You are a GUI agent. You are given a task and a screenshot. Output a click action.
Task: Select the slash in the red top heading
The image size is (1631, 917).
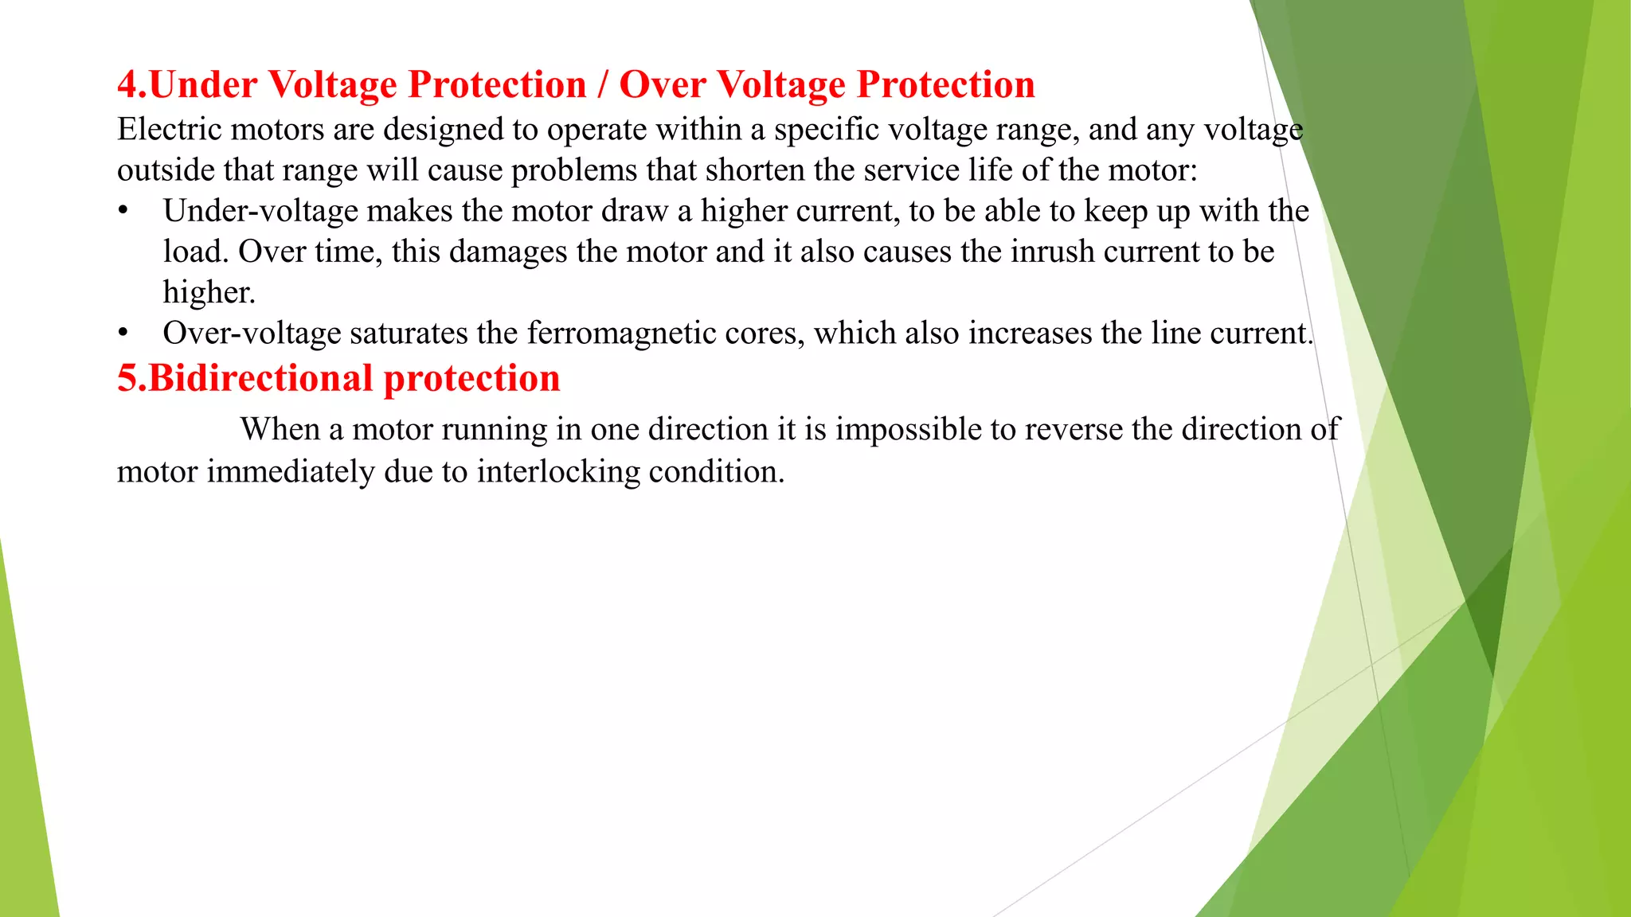tap(603, 85)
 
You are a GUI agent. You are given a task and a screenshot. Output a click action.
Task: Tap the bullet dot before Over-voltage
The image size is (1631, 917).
tap(123, 334)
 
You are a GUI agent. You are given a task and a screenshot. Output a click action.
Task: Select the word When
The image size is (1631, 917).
tap(280, 430)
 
